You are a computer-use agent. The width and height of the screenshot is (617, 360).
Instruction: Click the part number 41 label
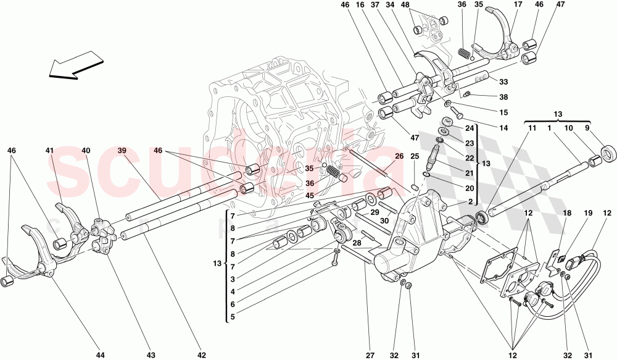(49, 151)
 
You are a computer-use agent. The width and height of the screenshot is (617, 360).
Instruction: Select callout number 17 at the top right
(517, 6)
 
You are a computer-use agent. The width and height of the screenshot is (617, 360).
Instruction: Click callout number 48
(422, 6)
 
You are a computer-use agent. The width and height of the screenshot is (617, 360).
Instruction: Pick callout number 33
(503, 82)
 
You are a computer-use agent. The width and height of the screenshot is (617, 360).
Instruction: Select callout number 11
(531, 128)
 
